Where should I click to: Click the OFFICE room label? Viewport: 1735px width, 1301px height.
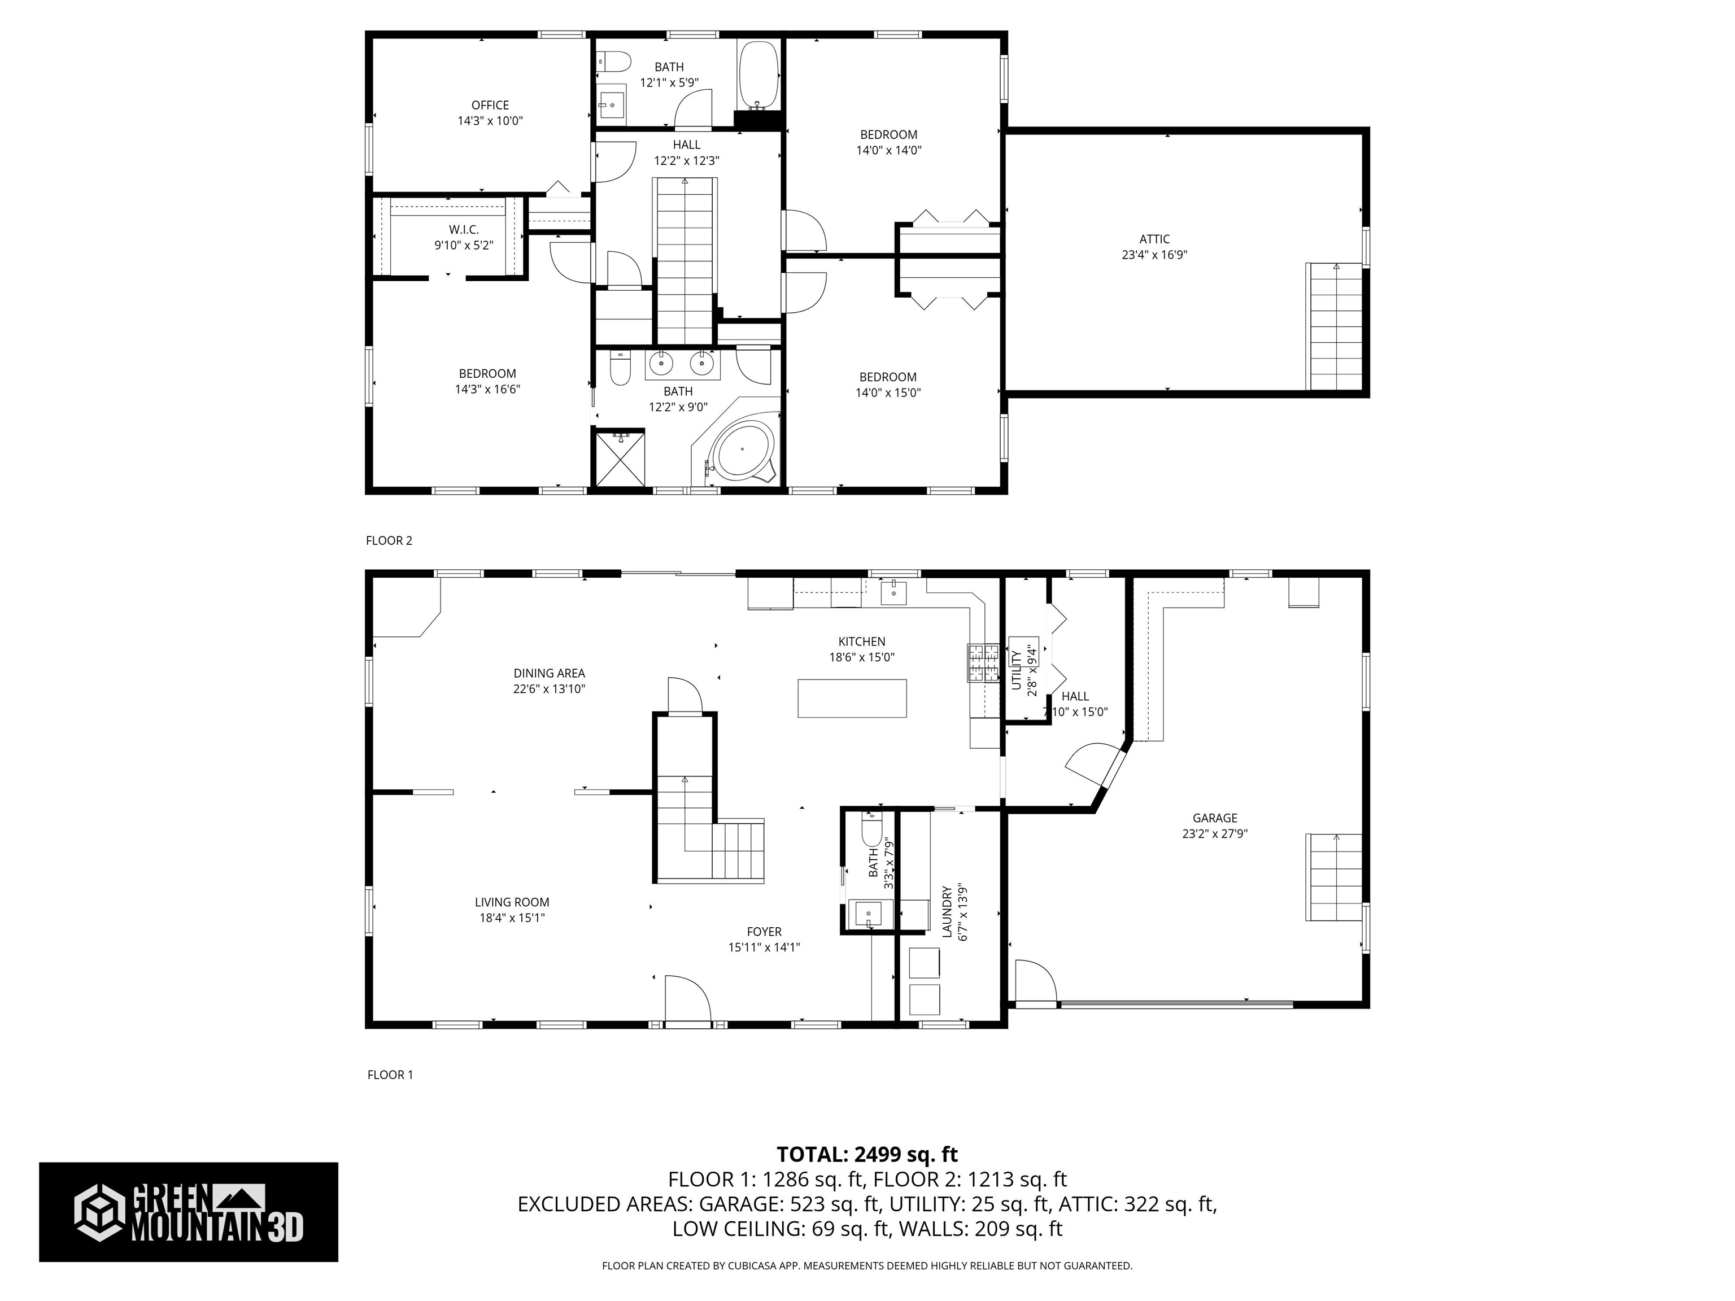(490, 105)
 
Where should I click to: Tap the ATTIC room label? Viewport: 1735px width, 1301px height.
(1154, 239)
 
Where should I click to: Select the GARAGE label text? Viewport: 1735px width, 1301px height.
(1215, 818)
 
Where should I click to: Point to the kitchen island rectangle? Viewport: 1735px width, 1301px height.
(852, 698)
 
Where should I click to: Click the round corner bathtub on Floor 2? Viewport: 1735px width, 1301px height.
(743, 450)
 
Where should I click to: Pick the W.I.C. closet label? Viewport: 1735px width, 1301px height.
(464, 230)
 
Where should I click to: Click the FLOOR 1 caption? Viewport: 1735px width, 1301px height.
(390, 1075)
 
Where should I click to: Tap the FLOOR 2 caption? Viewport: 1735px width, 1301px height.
(389, 540)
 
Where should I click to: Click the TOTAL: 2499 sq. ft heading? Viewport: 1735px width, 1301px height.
(867, 1154)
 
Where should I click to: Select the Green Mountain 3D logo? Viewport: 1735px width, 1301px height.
(188, 1212)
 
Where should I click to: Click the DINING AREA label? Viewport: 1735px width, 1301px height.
(549, 673)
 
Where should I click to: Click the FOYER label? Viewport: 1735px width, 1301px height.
(764, 932)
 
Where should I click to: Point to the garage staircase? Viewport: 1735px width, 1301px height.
(1335, 877)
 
